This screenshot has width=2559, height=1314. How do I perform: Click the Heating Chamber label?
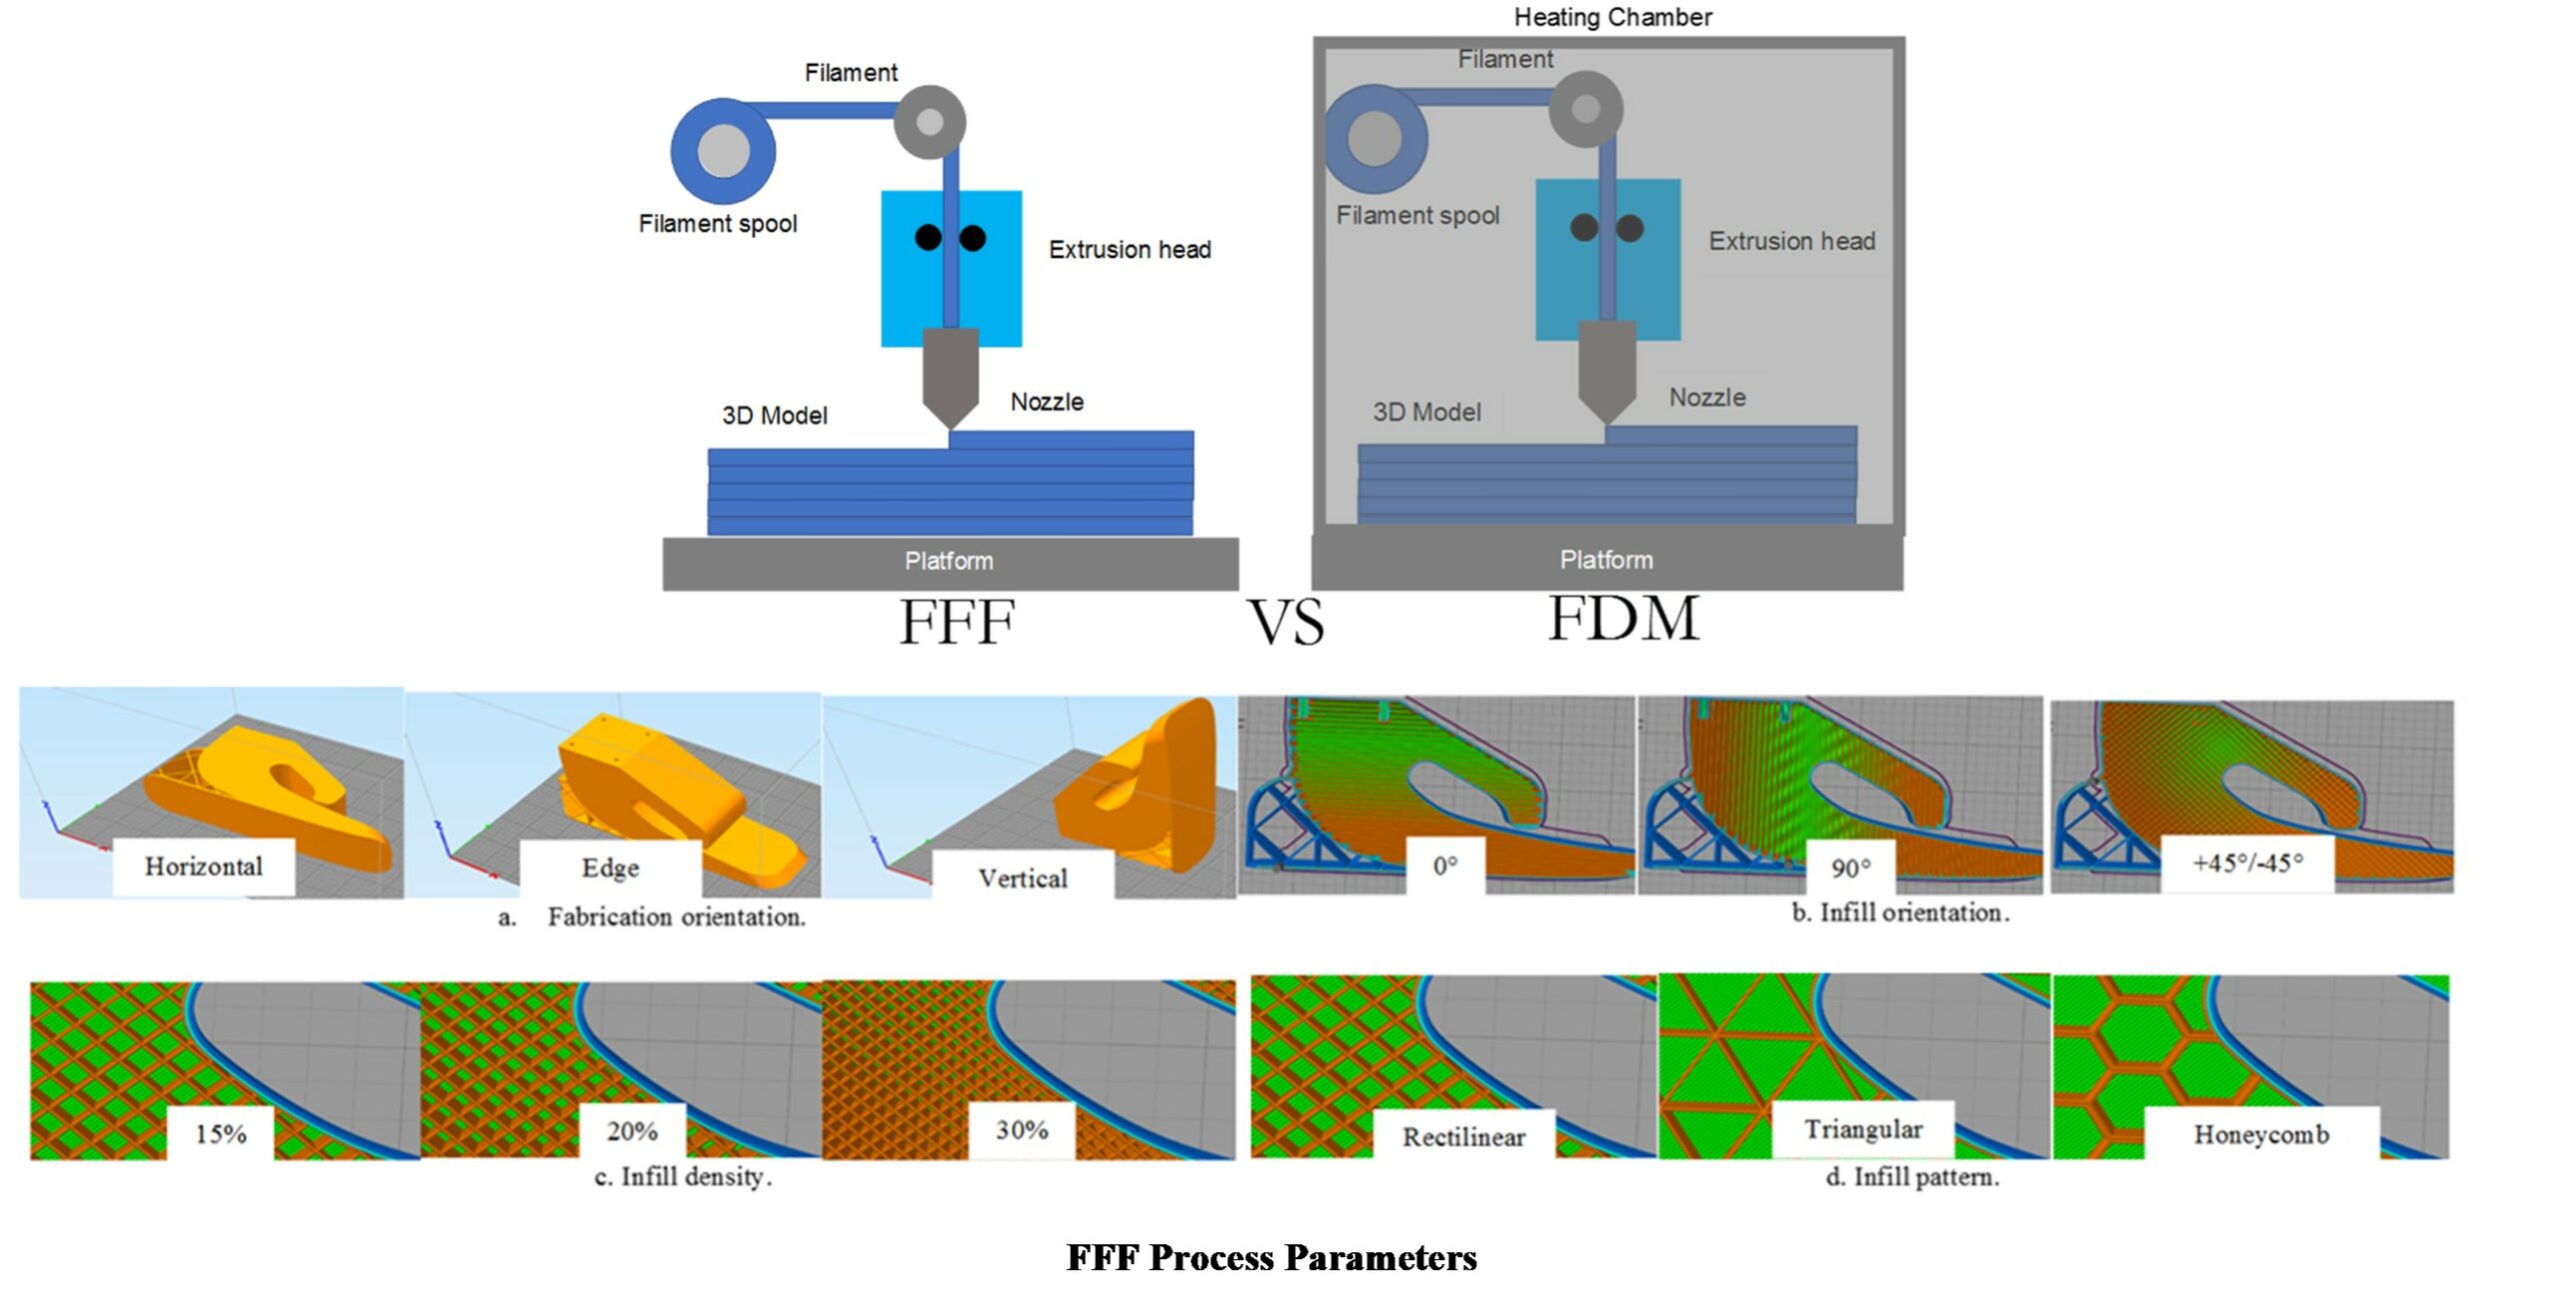point(1611,17)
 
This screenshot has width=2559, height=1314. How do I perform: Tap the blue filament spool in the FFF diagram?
point(723,151)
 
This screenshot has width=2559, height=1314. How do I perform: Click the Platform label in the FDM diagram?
point(1605,560)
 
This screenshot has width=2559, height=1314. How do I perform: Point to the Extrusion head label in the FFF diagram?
point(1130,249)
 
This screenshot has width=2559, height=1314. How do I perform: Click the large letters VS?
point(1285,622)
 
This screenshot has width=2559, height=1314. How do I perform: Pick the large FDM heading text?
point(1623,618)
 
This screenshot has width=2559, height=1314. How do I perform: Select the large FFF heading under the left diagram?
point(957,622)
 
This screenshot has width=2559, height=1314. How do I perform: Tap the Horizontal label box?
point(204,866)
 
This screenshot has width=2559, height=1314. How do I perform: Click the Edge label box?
point(610,867)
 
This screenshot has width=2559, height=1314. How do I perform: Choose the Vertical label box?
point(1023,878)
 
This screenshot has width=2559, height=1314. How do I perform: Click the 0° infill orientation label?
point(1445,865)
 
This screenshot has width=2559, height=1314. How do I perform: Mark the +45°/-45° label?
point(2247,863)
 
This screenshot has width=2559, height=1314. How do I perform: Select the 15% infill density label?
point(221,1133)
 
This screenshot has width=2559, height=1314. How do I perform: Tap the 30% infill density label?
point(1022,1130)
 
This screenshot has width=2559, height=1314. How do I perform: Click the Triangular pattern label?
point(1863,1129)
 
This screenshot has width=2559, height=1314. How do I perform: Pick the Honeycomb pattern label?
point(2261,1134)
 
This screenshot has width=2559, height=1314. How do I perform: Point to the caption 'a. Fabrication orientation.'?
point(652,916)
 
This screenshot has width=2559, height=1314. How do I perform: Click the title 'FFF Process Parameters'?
point(1272,1257)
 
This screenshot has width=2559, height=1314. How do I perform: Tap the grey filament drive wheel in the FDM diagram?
point(1585,109)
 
